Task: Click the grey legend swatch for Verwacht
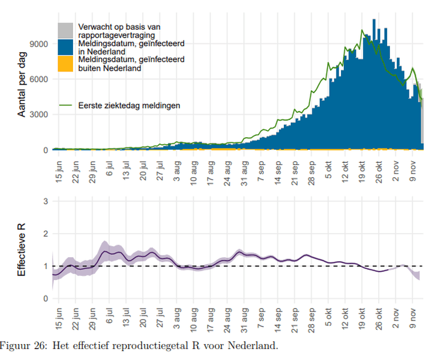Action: click(x=66, y=30)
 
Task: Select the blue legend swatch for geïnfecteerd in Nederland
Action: click(x=66, y=47)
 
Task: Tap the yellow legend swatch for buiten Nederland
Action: click(x=66, y=63)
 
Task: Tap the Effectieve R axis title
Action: click(x=22, y=250)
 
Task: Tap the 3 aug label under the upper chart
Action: click(x=178, y=170)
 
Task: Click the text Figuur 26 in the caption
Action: click(x=23, y=346)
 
